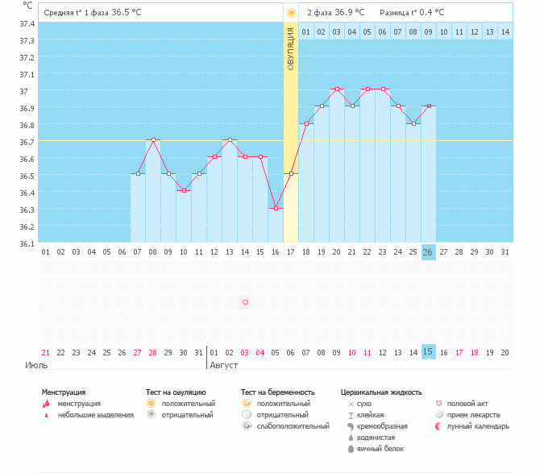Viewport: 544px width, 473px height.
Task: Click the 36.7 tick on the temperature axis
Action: pyautogui.click(x=27, y=142)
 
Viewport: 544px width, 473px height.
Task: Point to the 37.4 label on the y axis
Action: pyautogui.click(x=27, y=24)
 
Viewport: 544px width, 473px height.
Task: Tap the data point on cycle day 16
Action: pyautogui.click(x=276, y=208)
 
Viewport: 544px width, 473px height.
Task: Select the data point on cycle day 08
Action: pyautogui.click(x=153, y=140)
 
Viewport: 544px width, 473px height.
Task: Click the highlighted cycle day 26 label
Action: pyautogui.click(x=428, y=252)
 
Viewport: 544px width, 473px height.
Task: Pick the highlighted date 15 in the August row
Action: pyautogui.click(x=428, y=352)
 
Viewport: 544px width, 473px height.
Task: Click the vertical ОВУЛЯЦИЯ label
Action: pyautogui.click(x=291, y=48)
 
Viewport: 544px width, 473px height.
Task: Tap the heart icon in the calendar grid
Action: pyautogui.click(x=245, y=302)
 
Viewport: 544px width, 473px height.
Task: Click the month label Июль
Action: pyautogui.click(x=36, y=365)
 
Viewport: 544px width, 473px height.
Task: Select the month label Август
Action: pyautogui.click(x=224, y=365)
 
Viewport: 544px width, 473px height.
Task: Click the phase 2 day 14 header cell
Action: pyautogui.click(x=505, y=31)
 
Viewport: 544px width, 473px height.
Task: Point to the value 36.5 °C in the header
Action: pyautogui.click(x=125, y=13)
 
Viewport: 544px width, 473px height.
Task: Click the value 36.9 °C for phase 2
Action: pyautogui.click(x=348, y=13)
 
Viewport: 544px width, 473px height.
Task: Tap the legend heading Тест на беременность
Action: pyautogui.click(x=278, y=392)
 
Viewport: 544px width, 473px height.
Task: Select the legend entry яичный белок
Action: pyautogui.click(x=381, y=448)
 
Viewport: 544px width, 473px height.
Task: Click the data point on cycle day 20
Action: pyautogui.click(x=337, y=89)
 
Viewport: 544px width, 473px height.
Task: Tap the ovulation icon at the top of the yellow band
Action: pyautogui.click(x=290, y=14)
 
